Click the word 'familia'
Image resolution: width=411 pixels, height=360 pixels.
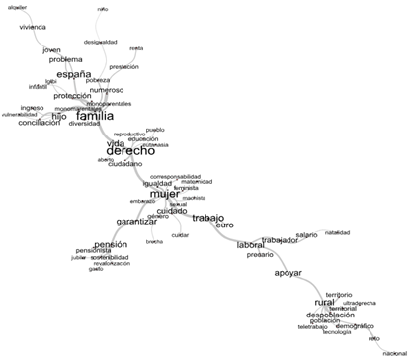(x=95, y=116)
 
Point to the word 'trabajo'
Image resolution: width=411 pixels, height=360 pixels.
(x=208, y=218)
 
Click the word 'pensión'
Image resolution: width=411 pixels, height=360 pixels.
(x=111, y=244)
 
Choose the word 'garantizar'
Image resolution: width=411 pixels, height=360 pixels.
(x=137, y=222)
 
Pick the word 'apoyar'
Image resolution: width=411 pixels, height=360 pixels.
(x=288, y=272)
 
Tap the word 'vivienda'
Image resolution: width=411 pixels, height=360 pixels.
(x=34, y=27)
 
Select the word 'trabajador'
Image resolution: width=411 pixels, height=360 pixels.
(x=280, y=240)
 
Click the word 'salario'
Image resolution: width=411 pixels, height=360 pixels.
(x=307, y=234)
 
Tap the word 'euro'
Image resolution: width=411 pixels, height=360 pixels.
(x=224, y=225)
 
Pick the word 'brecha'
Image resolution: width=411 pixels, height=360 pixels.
(x=154, y=242)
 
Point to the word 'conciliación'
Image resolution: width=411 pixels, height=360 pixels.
(x=40, y=123)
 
